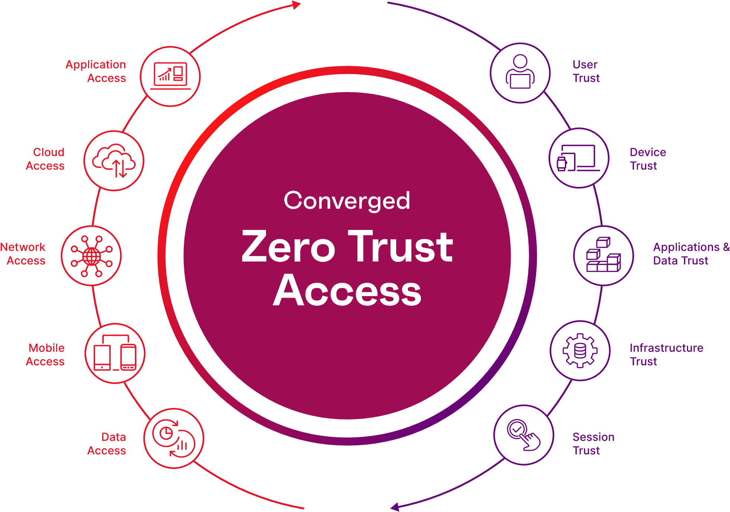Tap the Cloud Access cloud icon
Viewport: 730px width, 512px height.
[114, 161]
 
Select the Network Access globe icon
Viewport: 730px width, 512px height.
[91, 256]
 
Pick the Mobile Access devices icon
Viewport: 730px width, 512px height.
[115, 353]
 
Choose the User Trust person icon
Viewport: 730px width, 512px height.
[520, 72]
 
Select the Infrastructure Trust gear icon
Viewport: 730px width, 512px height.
[580, 351]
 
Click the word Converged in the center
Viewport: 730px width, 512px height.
[347, 201]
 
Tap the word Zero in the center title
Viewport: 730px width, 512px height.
[288, 246]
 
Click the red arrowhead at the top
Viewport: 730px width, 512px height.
[296, 5]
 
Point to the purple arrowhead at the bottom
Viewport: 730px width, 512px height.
[395, 506]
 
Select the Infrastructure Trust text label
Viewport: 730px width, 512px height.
[666, 354]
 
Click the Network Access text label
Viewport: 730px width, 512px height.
[23, 254]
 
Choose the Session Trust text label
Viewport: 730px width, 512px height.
[593, 444]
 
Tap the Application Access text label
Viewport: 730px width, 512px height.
[96, 71]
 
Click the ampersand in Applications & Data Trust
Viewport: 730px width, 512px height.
[726, 247]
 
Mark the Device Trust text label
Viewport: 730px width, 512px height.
[648, 159]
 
